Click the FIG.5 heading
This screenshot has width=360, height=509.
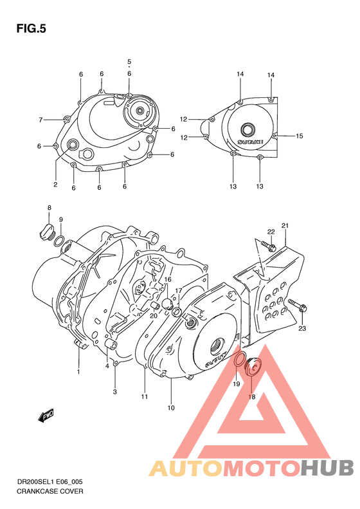click(x=30, y=28)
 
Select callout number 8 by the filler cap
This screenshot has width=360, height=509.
click(x=49, y=207)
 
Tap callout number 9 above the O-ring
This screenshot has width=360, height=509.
click(x=61, y=220)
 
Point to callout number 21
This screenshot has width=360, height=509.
click(x=285, y=225)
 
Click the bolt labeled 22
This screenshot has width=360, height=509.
click(x=268, y=245)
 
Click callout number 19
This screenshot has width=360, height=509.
click(x=236, y=384)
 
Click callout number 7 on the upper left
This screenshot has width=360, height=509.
click(x=40, y=120)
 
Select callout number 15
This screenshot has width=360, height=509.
click(x=299, y=136)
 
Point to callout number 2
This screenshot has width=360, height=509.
click(x=55, y=185)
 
